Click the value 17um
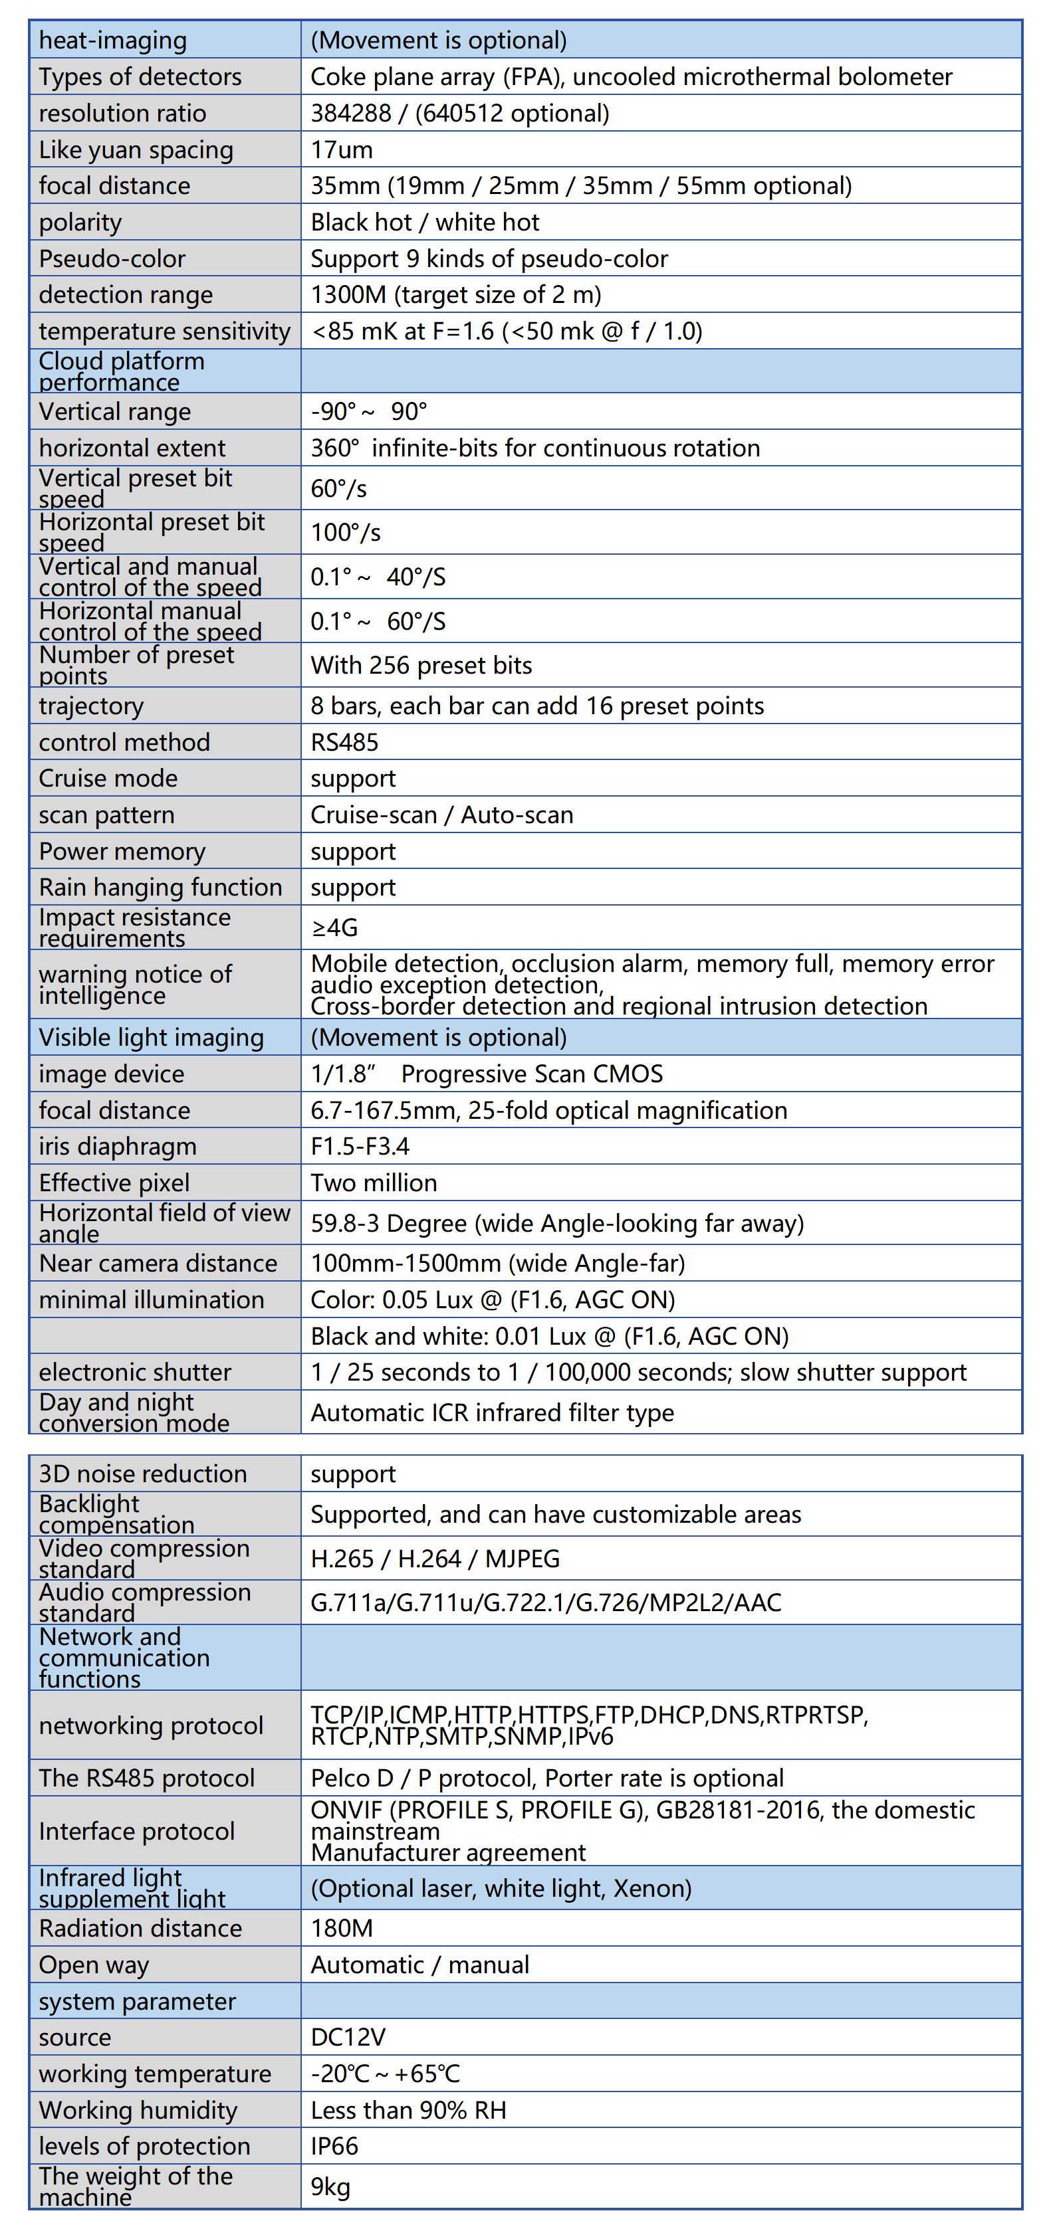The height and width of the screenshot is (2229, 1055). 342,149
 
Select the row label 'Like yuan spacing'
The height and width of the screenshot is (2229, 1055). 136,149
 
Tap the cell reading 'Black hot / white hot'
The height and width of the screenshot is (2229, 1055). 424,223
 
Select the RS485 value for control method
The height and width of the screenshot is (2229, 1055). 344,742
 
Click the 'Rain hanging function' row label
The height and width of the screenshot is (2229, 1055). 160,888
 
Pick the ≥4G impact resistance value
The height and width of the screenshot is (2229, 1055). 334,927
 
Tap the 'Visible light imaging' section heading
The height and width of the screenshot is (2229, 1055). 151,1038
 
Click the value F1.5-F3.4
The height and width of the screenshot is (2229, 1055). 360,1147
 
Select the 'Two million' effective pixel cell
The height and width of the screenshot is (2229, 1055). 374,1183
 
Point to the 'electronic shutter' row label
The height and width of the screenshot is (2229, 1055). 135,1373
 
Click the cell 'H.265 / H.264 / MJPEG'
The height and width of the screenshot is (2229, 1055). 435,1559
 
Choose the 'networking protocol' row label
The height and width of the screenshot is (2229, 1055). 151,1725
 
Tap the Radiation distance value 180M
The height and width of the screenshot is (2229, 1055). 342,1929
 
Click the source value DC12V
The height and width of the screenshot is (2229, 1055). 348,2038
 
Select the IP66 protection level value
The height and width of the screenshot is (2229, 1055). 334,2147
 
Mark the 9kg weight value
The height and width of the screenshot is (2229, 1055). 330,2187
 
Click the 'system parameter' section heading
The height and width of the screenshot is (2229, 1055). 137,2001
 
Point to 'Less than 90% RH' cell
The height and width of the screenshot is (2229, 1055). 408,2111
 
